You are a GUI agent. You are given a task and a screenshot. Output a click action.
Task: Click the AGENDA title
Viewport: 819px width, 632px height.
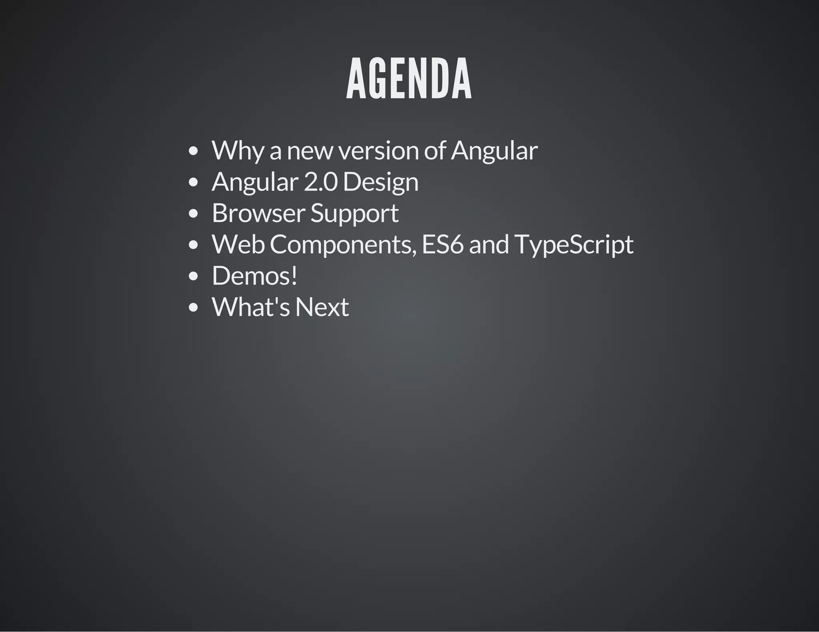[409, 79]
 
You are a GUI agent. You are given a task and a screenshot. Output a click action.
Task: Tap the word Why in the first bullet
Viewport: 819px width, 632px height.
[238, 151]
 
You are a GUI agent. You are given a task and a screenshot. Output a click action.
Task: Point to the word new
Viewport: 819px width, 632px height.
[310, 151]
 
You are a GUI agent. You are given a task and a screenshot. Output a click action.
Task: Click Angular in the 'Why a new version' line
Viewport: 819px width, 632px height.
[494, 151]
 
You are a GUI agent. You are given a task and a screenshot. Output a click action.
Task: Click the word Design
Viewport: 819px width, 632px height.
[380, 182]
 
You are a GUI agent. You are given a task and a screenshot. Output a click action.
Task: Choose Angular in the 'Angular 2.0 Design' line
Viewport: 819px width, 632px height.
[255, 182]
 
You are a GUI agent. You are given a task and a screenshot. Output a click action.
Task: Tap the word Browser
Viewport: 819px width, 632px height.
[258, 213]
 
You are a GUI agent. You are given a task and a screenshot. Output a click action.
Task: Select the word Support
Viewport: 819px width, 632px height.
[354, 213]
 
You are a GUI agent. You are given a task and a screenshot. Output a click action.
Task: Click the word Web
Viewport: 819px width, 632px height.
[238, 244]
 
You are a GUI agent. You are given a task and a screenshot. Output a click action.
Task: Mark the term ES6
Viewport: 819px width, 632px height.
[442, 244]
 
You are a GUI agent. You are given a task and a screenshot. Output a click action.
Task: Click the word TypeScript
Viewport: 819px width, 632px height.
[573, 244]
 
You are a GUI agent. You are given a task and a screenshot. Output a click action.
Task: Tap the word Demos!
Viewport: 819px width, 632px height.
[254, 276]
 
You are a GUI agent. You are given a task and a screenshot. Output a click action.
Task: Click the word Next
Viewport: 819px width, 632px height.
[322, 307]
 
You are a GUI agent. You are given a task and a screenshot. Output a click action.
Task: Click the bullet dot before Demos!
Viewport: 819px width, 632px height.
[193, 276]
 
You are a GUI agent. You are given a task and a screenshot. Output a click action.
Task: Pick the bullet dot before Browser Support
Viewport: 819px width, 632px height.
[193, 213]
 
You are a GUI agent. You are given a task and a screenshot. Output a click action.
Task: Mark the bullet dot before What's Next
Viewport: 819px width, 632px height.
[193, 307]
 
